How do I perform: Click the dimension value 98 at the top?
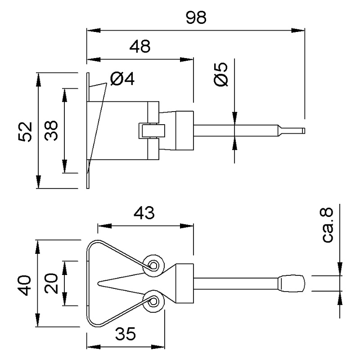[x=195, y=18]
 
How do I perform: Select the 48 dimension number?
[x=139, y=46]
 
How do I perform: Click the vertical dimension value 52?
[x=26, y=131]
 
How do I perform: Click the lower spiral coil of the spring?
[x=153, y=301]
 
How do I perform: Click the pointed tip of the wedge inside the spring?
[x=99, y=283]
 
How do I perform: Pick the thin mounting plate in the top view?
[x=88, y=130]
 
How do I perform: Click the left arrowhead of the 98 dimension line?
[x=90, y=31]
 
